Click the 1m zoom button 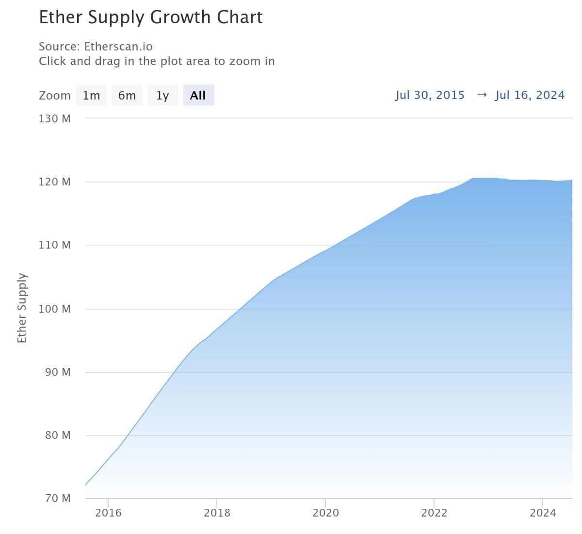(91, 96)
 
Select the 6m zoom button (127, 96)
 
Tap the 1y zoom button (162, 96)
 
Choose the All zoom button (198, 96)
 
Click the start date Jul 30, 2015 (430, 95)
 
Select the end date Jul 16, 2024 (530, 95)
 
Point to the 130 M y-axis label (54, 118)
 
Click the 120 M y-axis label (54, 182)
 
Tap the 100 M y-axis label (54, 309)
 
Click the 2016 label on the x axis (108, 513)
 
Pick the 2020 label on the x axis (325, 513)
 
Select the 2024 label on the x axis (543, 513)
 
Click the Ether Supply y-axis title (22, 308)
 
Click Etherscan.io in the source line (118, 47)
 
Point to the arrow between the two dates (481, 95)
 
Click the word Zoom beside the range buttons (54, 96)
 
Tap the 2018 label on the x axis (217, 513)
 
